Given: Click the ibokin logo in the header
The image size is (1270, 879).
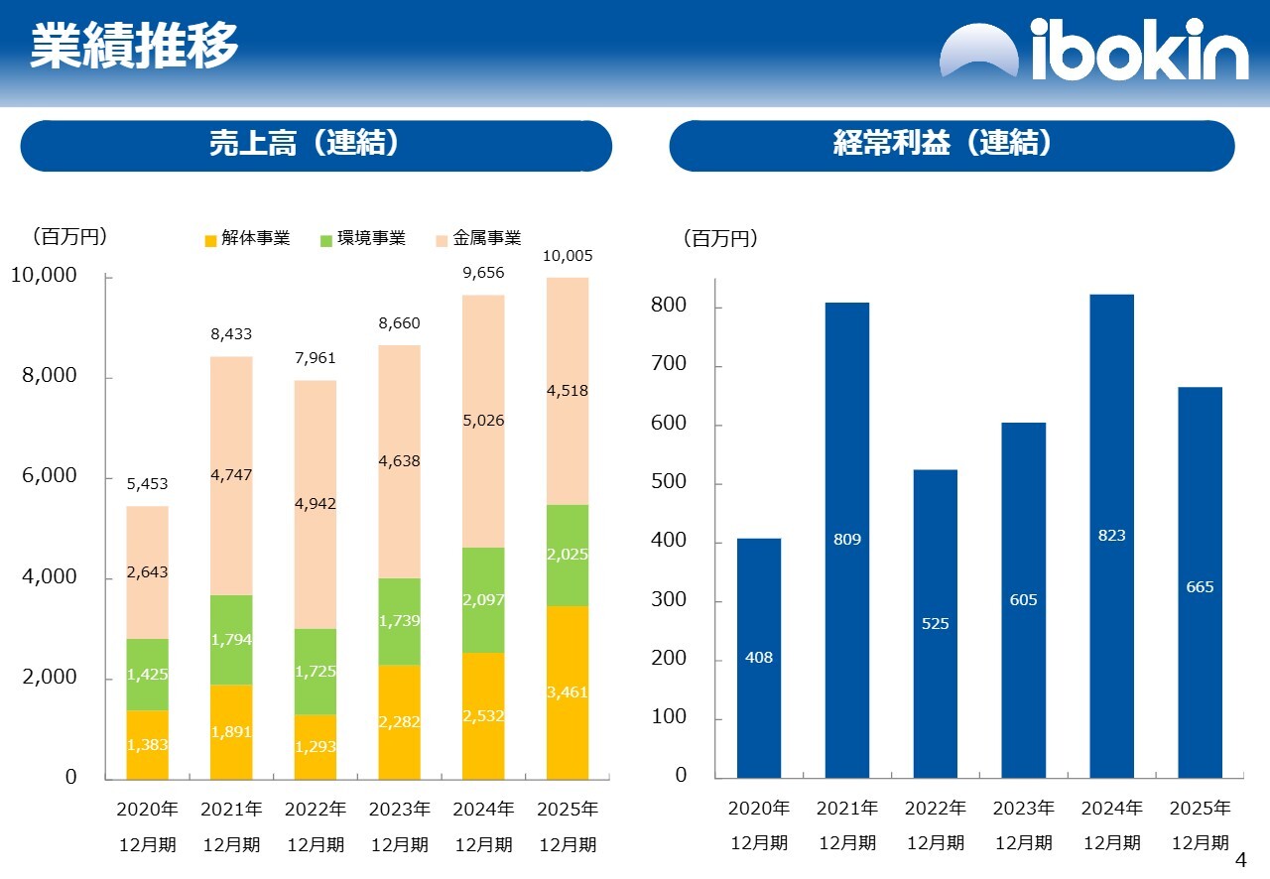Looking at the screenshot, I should tap(1093, 49).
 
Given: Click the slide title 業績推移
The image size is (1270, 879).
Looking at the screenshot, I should tap(134, 46).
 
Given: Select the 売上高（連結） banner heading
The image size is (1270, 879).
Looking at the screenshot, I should tap(316, 145).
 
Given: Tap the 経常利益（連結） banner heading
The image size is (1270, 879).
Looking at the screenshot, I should tap(952, 145).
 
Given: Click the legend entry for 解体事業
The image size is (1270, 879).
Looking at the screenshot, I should tap(247, 239).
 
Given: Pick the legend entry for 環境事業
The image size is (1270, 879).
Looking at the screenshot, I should tap(363, 239).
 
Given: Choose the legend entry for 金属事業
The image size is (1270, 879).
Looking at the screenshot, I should tap(478, 239).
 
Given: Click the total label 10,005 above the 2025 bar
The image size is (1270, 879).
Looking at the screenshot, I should tap(568, 256).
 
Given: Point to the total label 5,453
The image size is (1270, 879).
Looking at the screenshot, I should tap(147, 484).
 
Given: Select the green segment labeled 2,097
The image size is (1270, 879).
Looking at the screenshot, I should tap(483, 600).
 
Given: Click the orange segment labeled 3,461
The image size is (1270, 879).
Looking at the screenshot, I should tap(568, 691).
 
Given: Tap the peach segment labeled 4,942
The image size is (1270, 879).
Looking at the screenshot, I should tap(316, 504).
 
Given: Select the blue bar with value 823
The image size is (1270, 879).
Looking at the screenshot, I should tap(1111, 536).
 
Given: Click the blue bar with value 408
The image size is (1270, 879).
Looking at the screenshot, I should tap(759, 657).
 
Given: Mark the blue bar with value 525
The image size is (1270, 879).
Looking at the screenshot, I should tap(936, 623).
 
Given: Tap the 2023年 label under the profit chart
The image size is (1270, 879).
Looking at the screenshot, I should tap(1024, 809).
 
